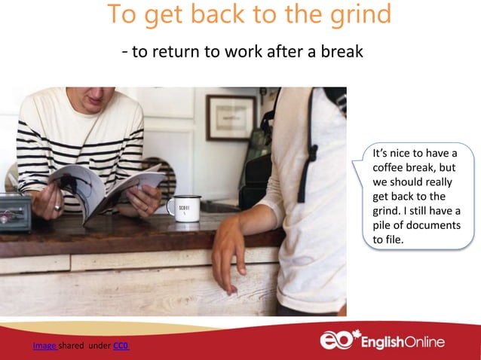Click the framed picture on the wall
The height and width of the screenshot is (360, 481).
(231, 117)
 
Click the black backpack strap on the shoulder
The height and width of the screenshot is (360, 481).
(308, 151)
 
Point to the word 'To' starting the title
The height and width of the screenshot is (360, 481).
(123, 15)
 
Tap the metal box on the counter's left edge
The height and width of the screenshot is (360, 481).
(15, 213)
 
